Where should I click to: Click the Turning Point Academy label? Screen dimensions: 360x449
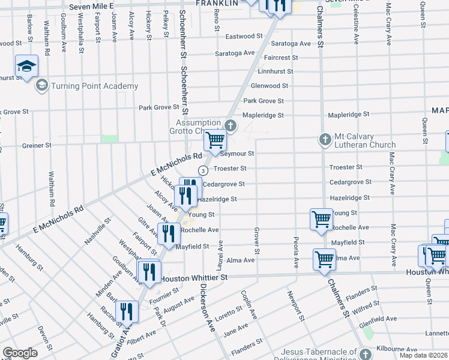point(94,86)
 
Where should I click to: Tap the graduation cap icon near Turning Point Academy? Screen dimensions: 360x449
point(27,67)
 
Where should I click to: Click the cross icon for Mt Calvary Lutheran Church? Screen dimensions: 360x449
point(325,140)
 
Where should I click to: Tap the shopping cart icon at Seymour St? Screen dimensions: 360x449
point(214,141)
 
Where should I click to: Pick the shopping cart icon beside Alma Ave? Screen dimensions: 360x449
point(324,260)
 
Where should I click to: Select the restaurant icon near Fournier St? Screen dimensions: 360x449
point(149,272)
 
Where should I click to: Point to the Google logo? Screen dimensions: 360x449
point(20,353)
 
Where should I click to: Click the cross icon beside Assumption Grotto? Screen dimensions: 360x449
point(230,126)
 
